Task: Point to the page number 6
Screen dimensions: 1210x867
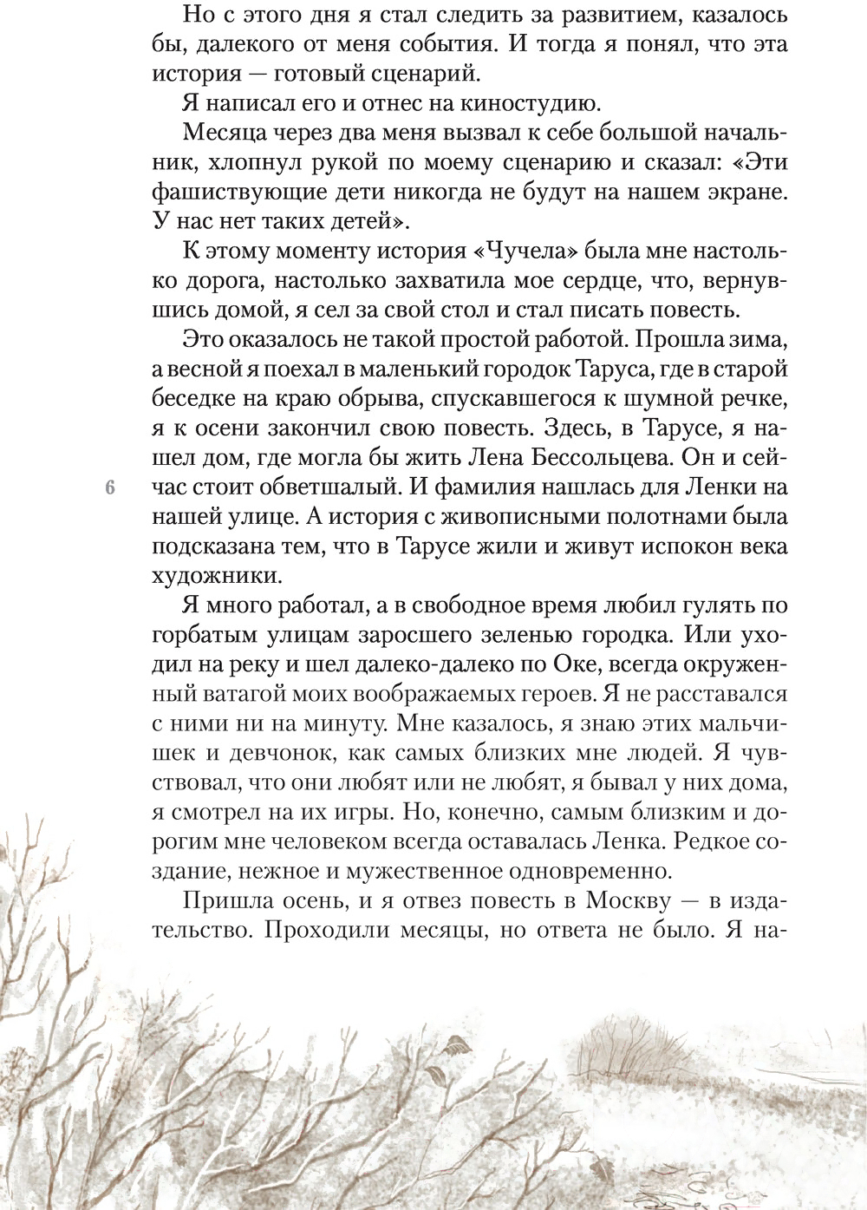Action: tap(109, 487)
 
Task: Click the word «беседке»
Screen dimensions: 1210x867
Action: tap(196, 399)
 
